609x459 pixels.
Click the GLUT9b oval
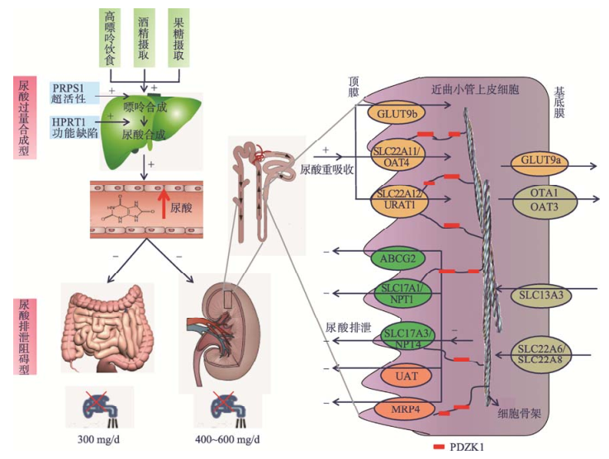[x=398, y=113]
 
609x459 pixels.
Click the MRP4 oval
[x=400, y=408]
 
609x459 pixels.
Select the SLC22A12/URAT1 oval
[x=400, y=199]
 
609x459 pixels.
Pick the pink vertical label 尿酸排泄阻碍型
[x=23, y=337]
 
